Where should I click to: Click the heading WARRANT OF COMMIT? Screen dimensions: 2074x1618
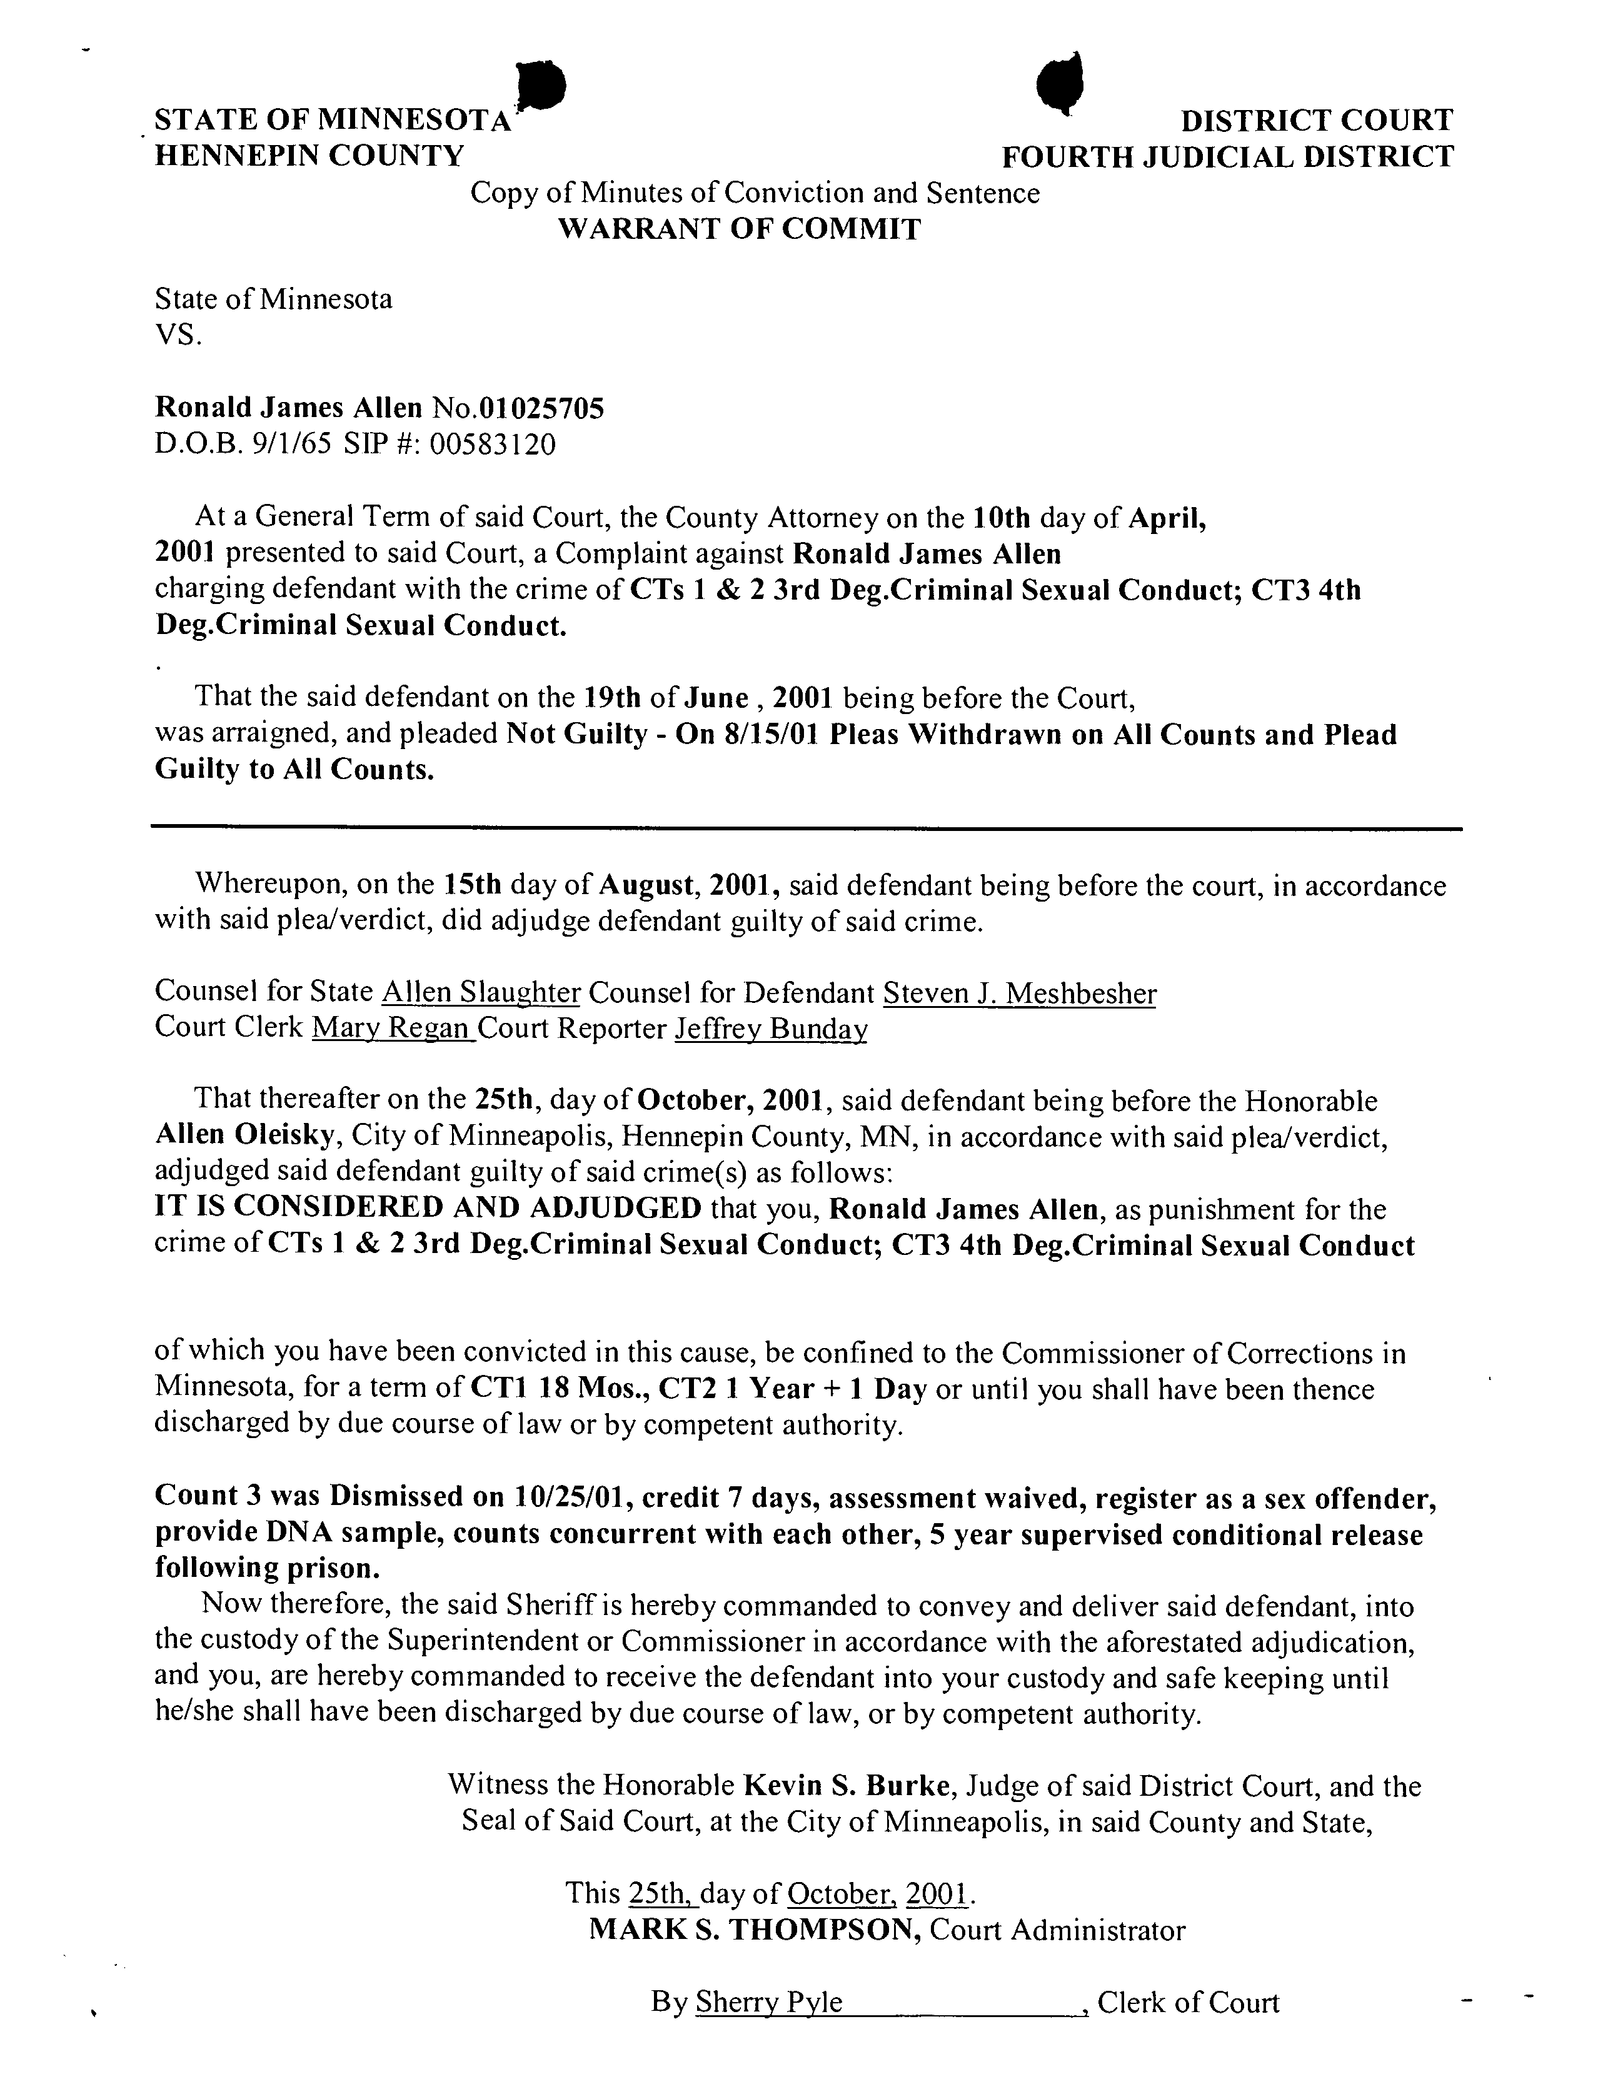738,229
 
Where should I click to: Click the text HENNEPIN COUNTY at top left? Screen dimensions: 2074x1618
309,156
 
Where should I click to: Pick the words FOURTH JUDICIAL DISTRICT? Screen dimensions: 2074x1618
1228,156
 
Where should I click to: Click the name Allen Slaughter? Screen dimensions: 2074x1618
481,994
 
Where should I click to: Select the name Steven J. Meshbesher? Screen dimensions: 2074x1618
1020,994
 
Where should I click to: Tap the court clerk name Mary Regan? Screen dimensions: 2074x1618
392,1029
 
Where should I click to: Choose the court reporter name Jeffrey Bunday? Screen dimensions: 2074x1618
771,1029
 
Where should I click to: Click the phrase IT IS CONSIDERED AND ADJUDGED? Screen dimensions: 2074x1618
427,1208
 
